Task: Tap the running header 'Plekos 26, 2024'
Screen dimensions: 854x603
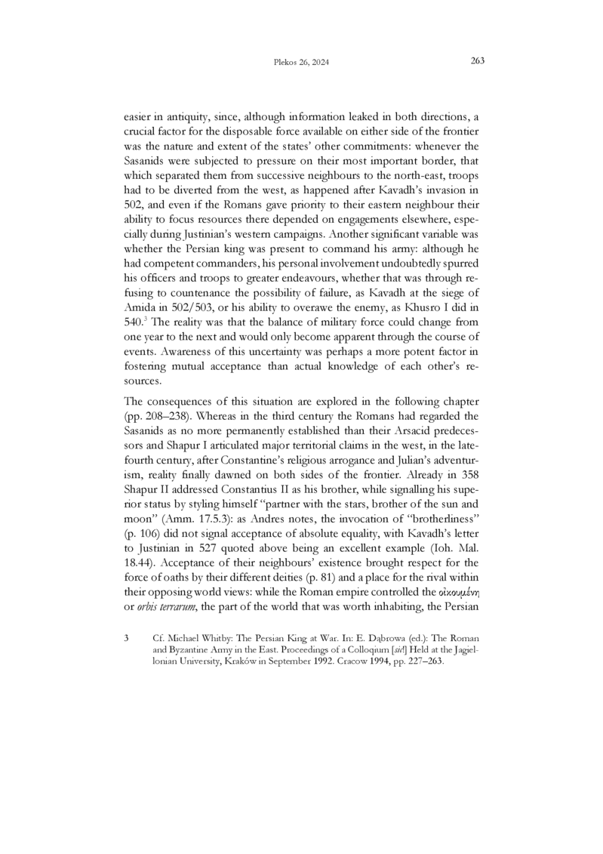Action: coord(301,63)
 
